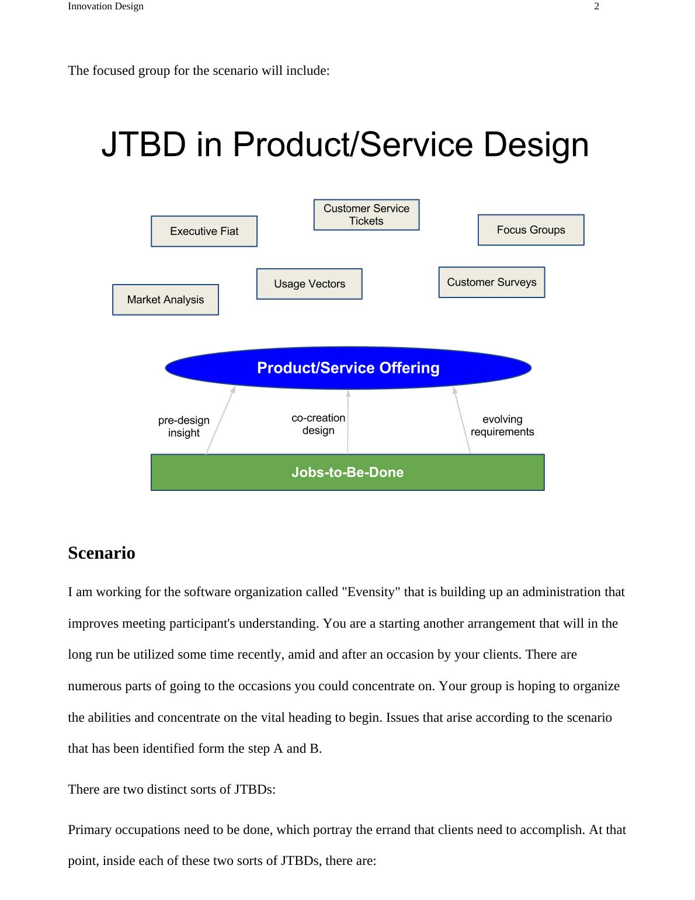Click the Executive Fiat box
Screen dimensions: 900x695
[204, 231]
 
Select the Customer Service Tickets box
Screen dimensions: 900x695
[366, 214]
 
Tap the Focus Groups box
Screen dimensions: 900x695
[531, 230]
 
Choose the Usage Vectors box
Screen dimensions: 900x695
[309, 284]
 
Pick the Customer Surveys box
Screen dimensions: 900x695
[491, 282]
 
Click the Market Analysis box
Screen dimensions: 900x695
[165, 300]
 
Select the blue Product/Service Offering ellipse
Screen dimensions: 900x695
[348, 368]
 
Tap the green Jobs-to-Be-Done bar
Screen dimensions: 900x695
[347, 472]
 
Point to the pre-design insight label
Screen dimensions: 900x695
[183, 427]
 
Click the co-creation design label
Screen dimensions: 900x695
[318, 424]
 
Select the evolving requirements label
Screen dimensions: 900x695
[502, 425]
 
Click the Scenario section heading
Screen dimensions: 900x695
[102, 553]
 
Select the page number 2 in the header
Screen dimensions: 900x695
[596, 6]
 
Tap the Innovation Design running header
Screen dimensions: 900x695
[106, 6]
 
